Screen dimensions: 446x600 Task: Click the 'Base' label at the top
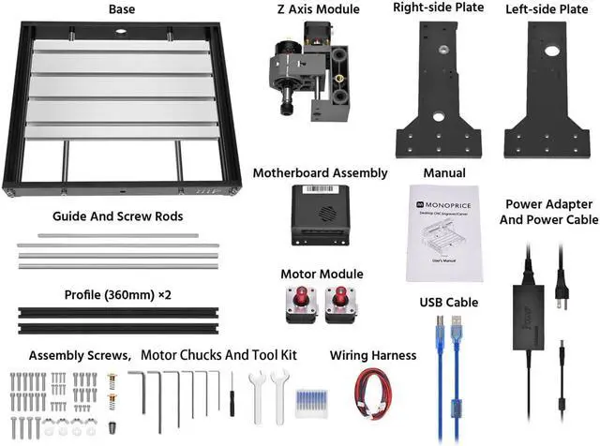[x=122, y=9]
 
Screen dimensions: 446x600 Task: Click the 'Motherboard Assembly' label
[x=320, y=173]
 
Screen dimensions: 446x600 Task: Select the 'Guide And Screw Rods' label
[x=117, y=216]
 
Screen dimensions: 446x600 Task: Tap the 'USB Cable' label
[x=449, y=303]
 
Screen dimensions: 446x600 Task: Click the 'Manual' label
[x=444, y=173]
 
